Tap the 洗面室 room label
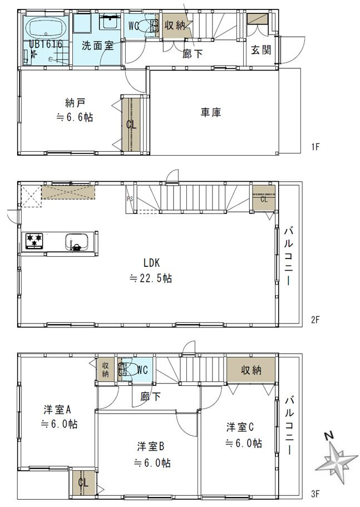click(x=97, y=46)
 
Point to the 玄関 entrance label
click(x=261, y=50)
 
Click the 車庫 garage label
click(x=211, y=112)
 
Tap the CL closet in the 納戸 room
click(x=131, y=124)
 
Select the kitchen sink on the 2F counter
click(x=76, y=242)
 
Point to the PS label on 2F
click(x=130, y=198)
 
